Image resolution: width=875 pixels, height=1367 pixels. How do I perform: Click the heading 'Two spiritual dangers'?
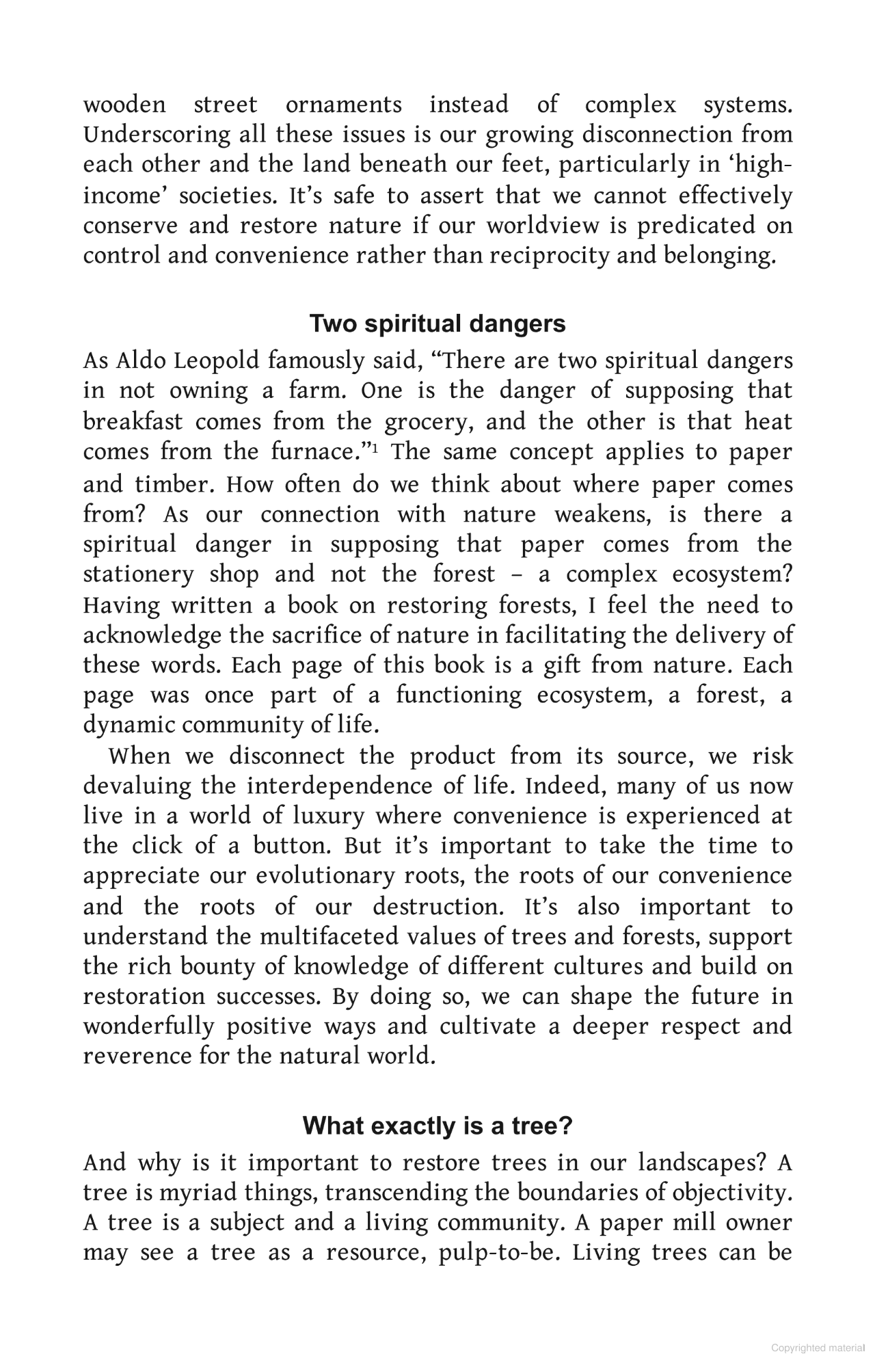coord(437,323)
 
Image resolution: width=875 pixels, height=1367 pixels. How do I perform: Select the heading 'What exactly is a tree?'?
coord(437,1125)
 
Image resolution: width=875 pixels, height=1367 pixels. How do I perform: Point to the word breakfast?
coord(133,421)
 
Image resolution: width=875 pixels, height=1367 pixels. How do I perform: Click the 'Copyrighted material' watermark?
coord(818,1348)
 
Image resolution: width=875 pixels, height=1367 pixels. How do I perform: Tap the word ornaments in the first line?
coord(343,105)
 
